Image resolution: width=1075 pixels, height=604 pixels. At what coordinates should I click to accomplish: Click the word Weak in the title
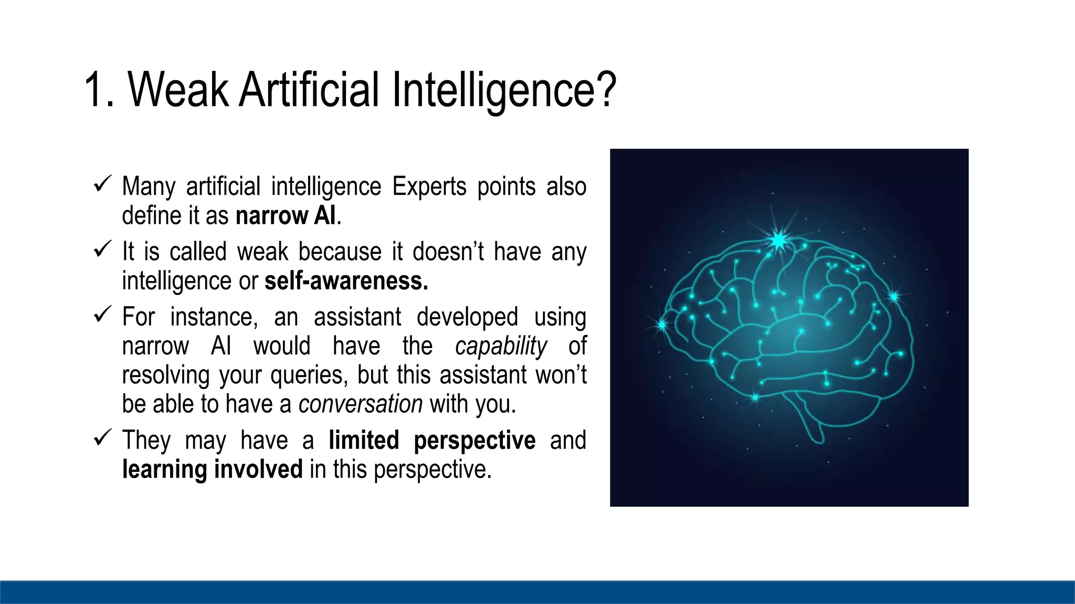pyautogui.click(x=178, y=90)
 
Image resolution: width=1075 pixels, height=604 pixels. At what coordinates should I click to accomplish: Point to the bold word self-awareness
pyautogui.click(x=346, y=282)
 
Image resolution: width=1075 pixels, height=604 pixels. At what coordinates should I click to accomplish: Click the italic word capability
pyautogui.click(x=501, y=347)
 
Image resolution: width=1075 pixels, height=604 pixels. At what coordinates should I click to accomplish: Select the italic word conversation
pyautogui.click(x=360, y=404)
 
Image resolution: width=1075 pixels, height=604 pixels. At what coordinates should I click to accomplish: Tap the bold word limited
pyautogui.click(x=364, y=440)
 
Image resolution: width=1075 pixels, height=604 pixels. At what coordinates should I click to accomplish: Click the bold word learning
pyautogui.click(x=165, y=469)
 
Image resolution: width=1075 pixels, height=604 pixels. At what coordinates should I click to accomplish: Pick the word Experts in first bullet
pyautogui.click(x=429, y=187)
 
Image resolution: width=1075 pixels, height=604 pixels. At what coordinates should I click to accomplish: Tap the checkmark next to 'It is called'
pyautogui.click(x=101, y=249)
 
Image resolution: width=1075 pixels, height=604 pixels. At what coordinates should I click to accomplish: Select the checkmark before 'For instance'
pyautogui.click(x=101, y=315)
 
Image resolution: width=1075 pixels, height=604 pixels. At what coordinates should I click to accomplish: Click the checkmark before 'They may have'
pyautogui.click(x=101, y=437)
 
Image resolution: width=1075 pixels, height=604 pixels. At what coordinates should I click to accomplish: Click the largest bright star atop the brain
pyautogui.click(x=778, y=240)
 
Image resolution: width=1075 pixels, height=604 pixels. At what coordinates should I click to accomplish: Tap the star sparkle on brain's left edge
pyautogui.click(x=662, y=325)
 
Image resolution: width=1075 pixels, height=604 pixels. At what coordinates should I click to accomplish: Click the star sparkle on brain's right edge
pyautogui.click(x=894, y=297)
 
